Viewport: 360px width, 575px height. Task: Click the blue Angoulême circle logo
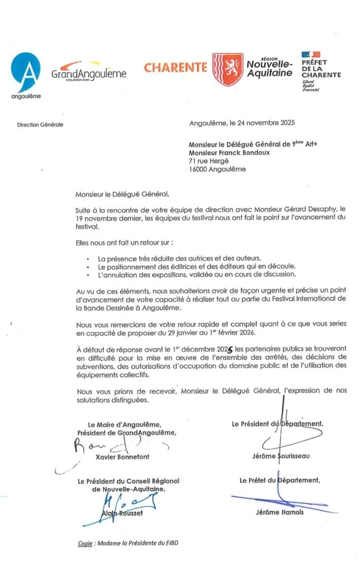[26, 72]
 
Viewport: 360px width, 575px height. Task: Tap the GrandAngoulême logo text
[89, 73]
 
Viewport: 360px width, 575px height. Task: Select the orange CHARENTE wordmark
[175, 68]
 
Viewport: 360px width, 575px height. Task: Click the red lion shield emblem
[227, 69]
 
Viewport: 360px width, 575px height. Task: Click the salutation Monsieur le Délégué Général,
[122, 194]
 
